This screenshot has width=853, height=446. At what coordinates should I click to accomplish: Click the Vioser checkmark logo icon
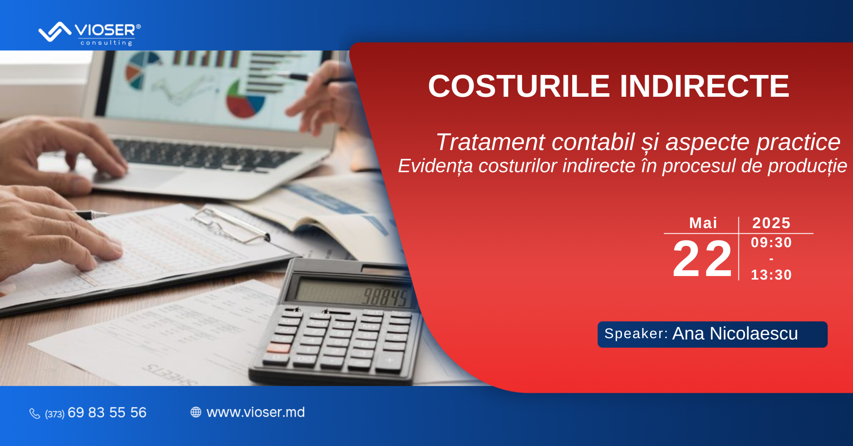[x=55, y=32]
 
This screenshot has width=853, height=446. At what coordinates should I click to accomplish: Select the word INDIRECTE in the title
[x=704, y=86]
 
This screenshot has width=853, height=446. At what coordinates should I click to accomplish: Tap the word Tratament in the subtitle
[x=490, y=142]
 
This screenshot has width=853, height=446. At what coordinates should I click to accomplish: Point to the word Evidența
[x=435, y=166]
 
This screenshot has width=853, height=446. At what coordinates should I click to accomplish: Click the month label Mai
[x=703, y=223]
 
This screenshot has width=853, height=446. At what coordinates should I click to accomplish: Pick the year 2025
[x=771, y=223]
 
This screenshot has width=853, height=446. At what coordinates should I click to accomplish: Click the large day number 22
[x=702, y=258]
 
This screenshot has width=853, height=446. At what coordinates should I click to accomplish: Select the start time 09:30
[x=771, y=242]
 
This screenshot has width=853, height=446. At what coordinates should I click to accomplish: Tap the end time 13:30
[x=771, y=275]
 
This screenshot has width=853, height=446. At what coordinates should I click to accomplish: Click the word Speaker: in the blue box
[x=636, y=334]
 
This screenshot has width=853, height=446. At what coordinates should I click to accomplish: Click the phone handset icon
[x=35, y=414]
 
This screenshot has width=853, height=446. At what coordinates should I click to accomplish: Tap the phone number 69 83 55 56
[x=107, y=413]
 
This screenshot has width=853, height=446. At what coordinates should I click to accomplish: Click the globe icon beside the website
[x=196, y=412]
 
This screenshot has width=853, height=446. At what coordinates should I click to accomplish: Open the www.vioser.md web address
[x=255, y=412]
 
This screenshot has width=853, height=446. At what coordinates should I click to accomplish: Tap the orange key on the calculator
[x=279, y=347]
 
